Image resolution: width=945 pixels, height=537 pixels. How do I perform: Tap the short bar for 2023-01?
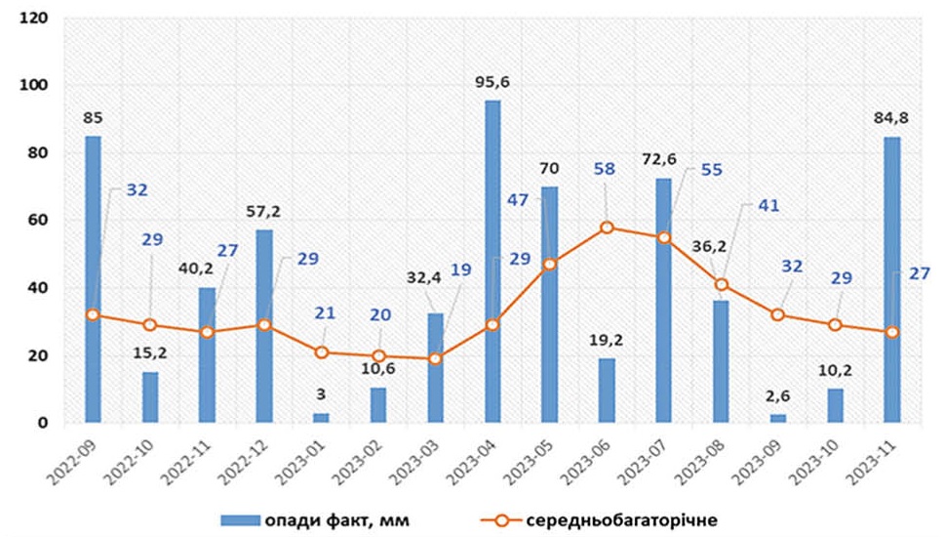[321, 417]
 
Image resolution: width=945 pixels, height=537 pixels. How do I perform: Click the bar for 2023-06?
[607, 391]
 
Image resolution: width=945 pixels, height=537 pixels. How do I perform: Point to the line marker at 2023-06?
[607, 227]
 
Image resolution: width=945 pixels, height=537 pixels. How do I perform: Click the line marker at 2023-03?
[435, 358]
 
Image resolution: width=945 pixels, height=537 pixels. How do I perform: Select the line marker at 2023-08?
[721, 284]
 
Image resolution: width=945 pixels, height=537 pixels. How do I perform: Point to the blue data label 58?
[604, 170]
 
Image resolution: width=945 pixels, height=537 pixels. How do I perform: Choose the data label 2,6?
[777, 397]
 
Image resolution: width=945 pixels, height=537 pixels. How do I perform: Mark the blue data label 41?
[768, 207]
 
